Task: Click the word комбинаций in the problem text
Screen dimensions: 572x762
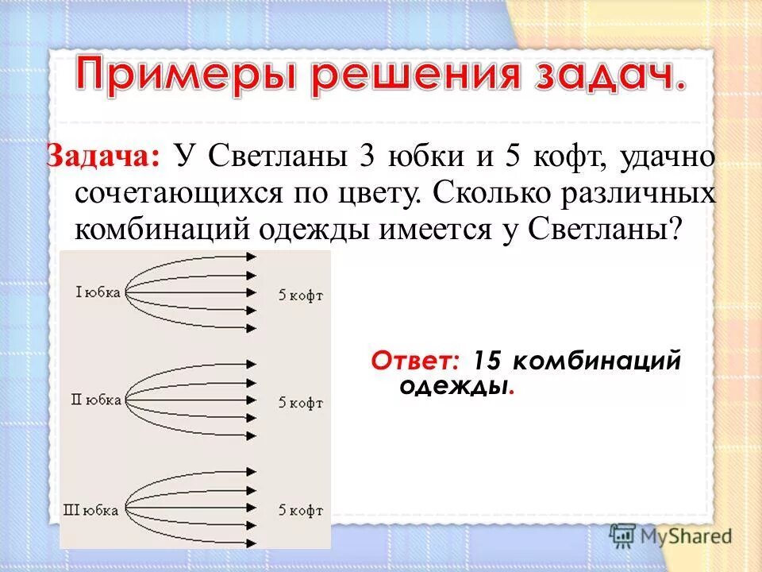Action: coord(161,230)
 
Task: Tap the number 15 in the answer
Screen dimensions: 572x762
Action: coord(488,361)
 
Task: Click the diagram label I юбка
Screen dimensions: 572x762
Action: coord(98,292)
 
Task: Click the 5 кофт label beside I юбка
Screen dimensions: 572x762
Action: coord(301,296)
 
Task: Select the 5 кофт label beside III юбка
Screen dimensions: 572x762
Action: coord(301,509)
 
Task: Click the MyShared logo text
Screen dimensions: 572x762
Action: coord(684,536)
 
